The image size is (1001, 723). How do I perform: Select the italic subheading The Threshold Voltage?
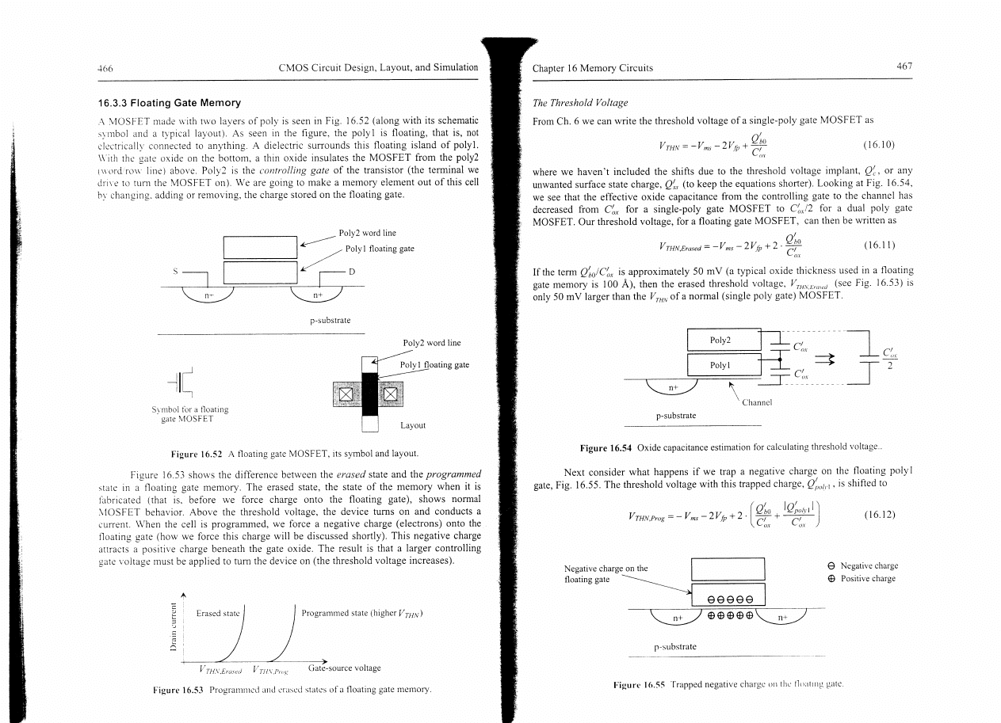coord(577,103)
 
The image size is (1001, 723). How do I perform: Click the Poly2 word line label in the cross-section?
coord(367,234)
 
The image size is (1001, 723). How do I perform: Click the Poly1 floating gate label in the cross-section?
coord(380,249)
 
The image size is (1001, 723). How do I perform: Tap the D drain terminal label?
coord(351,272)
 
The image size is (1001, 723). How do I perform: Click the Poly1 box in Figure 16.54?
coord(720,366)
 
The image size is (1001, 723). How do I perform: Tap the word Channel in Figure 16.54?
coord(758,401)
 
